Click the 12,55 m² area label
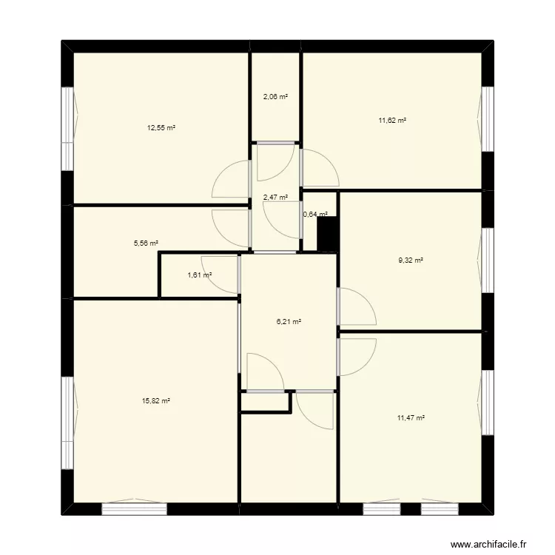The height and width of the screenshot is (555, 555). pyautogui.click(x=161, y=127)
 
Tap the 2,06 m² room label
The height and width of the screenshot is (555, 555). pyautogui.click(x=275, y=97)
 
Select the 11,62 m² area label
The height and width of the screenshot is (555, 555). pyautogui.click(x=392, y=120)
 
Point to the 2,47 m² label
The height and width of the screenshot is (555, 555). pyautogui.click(x=275, y=198)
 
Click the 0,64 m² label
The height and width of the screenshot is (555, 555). pyautogui.click(x=315, y=215)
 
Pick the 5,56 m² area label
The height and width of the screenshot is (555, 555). pyautogui.click(x=145, y=243)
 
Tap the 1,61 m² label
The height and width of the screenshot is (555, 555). pyautogui.click(x=199, y=275)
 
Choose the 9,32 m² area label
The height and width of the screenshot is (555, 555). pyautogui.click(x=411, y=260)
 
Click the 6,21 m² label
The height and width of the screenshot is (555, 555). pyautogui.click(x=289, y=322)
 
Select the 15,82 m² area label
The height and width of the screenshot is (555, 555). pyautogui.click(x=156, y=401)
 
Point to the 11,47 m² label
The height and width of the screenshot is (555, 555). pyautogui.click(x=411, y=418)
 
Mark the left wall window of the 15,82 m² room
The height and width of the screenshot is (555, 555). pyautogui.click(x=67, y=422)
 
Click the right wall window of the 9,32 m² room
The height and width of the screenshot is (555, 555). pyautogui.click(x=488, y=260)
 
